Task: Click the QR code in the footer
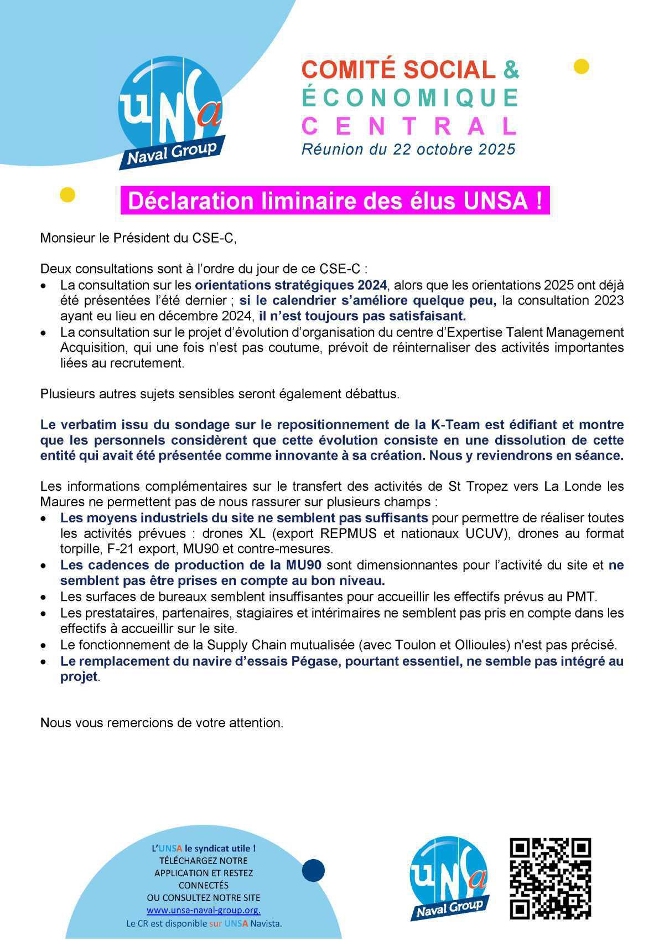549,879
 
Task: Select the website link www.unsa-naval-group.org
203,910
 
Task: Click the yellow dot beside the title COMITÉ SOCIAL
581,66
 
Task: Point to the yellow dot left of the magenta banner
67,194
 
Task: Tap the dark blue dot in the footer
313,870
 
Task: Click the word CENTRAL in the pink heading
409,126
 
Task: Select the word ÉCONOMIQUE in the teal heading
409,98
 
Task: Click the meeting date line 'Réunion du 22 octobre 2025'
408,150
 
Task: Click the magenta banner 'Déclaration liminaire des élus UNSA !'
335,201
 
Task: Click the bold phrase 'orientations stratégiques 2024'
290,285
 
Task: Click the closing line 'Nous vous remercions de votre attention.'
162,723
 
